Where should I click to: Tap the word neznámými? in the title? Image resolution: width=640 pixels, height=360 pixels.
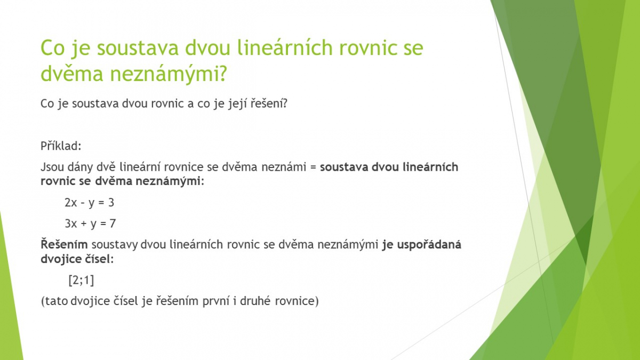(169, 74)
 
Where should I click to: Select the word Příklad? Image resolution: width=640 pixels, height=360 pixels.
(61, 146)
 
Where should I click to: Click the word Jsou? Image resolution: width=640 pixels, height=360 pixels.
(52, 167)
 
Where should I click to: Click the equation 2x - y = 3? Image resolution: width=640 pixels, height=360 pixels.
(90, 203)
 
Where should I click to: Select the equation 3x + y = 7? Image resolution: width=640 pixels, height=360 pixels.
(90, 223)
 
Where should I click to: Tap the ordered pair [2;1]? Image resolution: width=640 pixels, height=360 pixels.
(81, 281)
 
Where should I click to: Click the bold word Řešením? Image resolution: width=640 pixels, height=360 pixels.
(64, 244)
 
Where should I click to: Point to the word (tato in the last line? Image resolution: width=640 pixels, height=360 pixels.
(54, 301)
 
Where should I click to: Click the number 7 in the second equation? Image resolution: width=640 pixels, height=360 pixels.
(113, 223)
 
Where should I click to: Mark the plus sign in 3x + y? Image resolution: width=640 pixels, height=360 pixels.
(84, 223)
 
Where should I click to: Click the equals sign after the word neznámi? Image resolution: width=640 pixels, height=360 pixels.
(313, 167)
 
